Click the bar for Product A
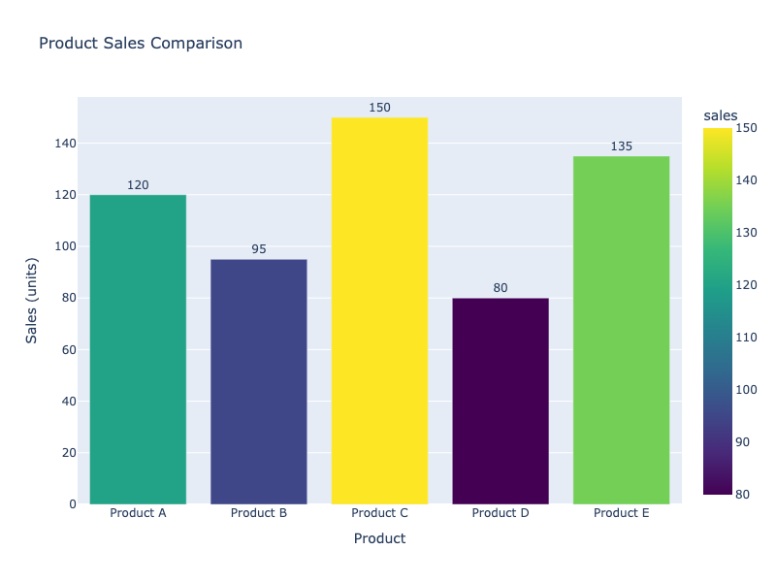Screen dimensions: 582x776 pyautogui.click(x=138, y=349)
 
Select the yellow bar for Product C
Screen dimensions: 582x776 pyautogui.click(x=379, y=310)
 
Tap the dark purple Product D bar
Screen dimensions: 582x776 pyautogui.click(x=501, y=401)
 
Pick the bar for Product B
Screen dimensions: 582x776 pyautogui.click(x=259, y=381)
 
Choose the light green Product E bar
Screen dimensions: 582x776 pyautogui.click(x=621, y=330)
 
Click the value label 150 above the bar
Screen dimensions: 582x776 pyautogui.click(x=379, y=108)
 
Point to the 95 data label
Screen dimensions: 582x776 pyautogui.click(x=259, y=249)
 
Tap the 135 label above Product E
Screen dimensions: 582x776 pyautogui.click(x=621, y=146)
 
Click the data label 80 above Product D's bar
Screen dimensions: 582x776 pyautogui.click(x=501, y=288)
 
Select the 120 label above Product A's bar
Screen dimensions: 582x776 pyautogui.click(x=138, y=185)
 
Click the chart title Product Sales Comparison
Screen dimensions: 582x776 pyautogui.click(x=140, y=44)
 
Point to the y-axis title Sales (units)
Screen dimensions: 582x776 pyautogui.click(x=32, y=301)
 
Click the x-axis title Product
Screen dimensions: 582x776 pyautogui.click(x=379, y=538)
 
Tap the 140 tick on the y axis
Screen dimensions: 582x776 pyautogui.click(x=65, y=144)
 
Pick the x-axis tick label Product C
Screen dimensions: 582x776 pyautogui.click(x=379, y=513)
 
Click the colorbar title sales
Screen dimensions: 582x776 pyautogui.click(x=720, y=116)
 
